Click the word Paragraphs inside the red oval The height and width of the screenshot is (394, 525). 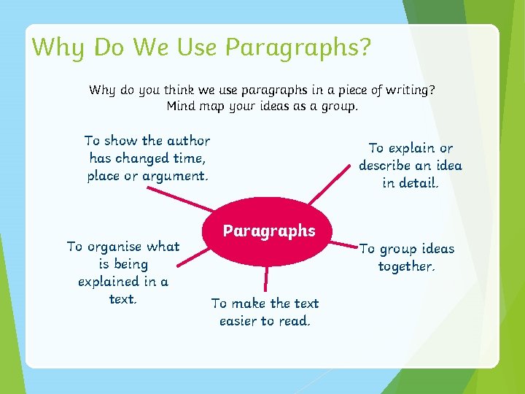pyautogui.click(x=269, y=231)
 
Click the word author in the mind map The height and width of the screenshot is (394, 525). pyautogui.click(x=188, y=141)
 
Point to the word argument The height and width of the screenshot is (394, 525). pyautogui.click(x=175, y=176)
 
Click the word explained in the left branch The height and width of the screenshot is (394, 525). pyautogui.click(x=109, y=282)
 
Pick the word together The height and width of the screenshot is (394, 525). pyautogui.click(x=406, y=266)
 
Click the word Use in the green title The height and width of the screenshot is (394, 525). pyautogui.click(x=195, y=47)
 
